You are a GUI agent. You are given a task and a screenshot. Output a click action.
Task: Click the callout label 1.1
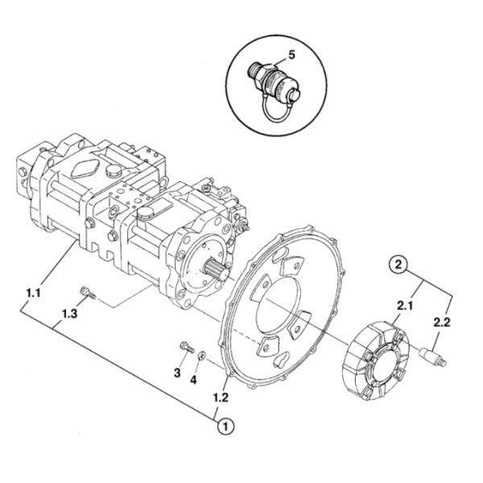coord(33,294)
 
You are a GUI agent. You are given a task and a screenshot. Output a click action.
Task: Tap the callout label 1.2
coord(220,396)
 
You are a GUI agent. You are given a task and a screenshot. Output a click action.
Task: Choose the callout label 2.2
coord(442,322)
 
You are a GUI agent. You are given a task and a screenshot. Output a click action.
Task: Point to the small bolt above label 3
coord(186,348)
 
